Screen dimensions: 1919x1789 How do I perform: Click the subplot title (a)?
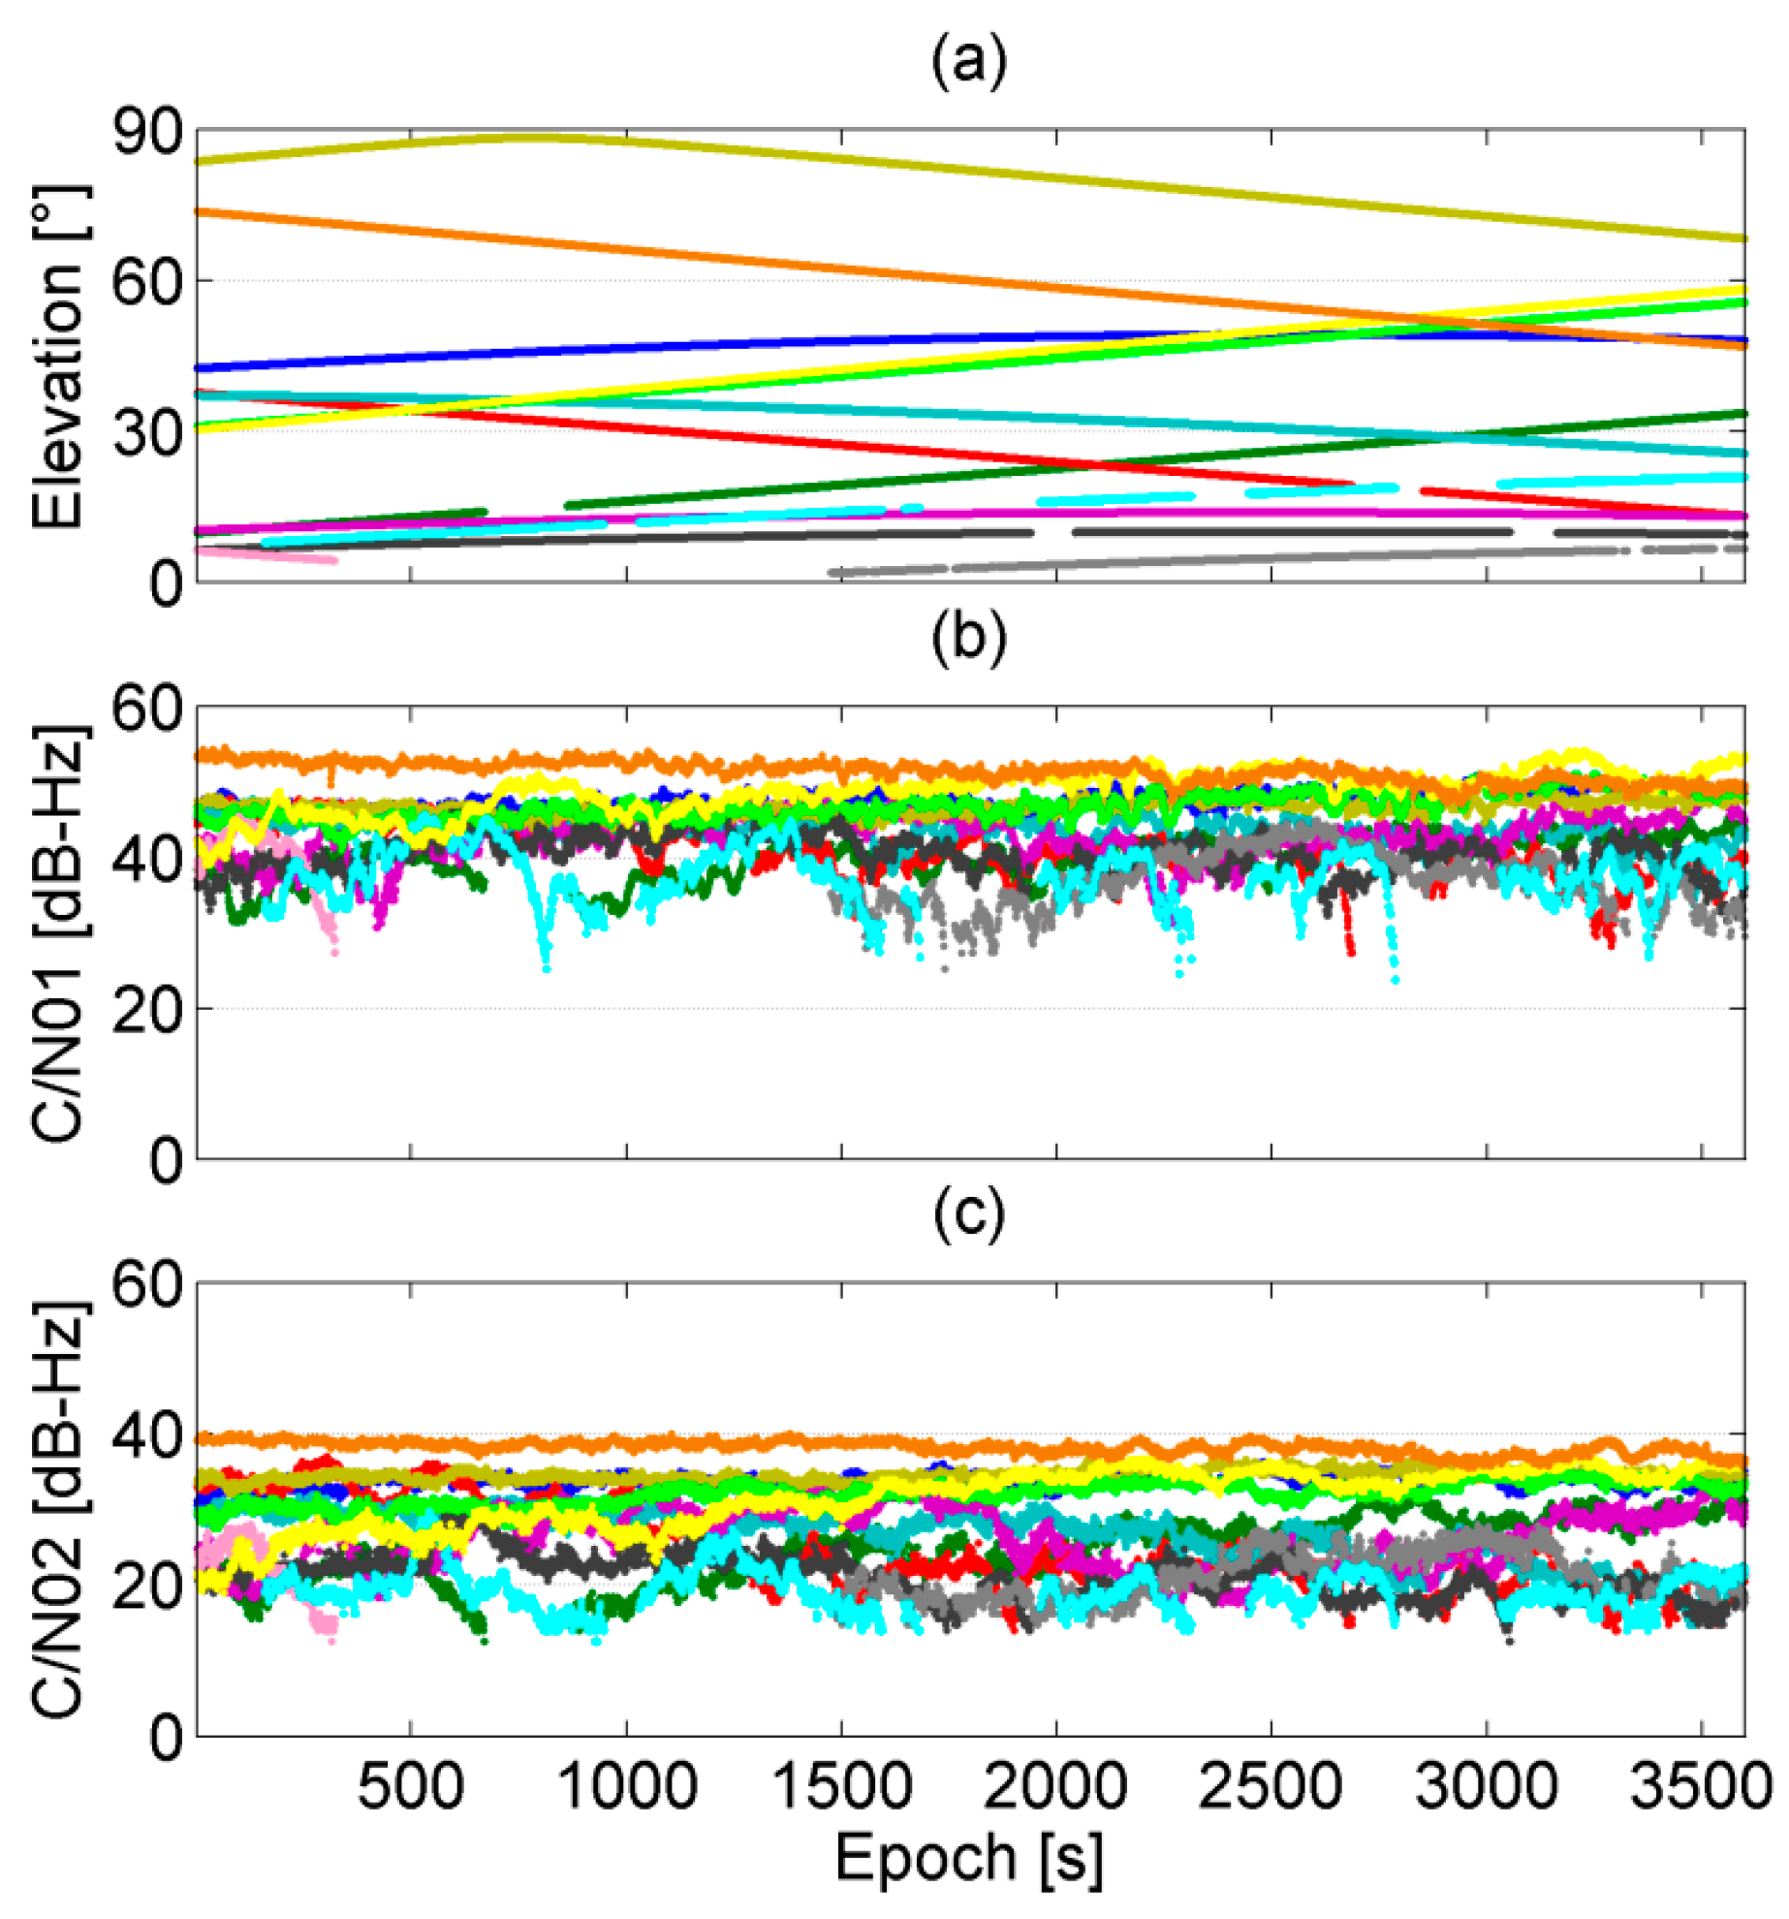[968, 62]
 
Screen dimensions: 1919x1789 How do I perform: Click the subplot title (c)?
[968, 1215]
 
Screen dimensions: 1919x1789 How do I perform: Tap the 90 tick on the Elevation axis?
[147, 132]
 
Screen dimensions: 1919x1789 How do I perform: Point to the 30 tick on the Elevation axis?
[147, 433]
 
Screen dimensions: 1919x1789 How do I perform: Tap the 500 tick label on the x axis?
[411, 1786]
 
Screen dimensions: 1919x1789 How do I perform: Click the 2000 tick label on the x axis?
[1055, 1786]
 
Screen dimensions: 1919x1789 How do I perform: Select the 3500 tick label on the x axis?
[1701, 1786]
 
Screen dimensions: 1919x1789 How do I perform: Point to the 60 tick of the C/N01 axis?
[147, 708]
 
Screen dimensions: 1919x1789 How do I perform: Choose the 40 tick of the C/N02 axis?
[147, 1435]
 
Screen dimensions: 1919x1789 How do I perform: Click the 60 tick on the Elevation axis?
[147, 282]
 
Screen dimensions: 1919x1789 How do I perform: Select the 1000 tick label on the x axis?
[627, 1786]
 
